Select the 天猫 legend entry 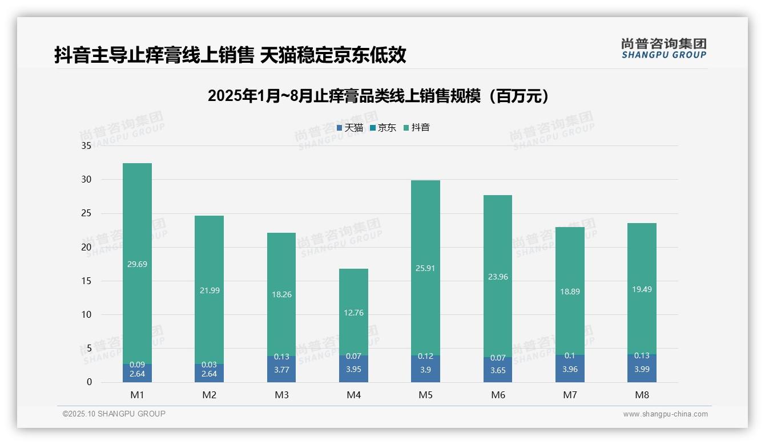point(349,128)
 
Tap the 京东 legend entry point(382,128)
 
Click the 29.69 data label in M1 point(138,264)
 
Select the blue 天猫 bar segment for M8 point(642,369)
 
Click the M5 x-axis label point(425,395)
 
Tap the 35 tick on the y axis point(87,146)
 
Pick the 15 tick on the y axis point(87,281)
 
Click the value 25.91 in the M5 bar point(425,268)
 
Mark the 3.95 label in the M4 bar point(353,369)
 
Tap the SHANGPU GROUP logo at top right point(663,49)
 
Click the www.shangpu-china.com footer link point(665,414)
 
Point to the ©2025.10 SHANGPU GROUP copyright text point(114,414)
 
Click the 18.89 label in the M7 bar point(570,291)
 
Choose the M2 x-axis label point(210,395)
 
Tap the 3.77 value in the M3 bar point(281,369)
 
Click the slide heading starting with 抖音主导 point(230,55)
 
